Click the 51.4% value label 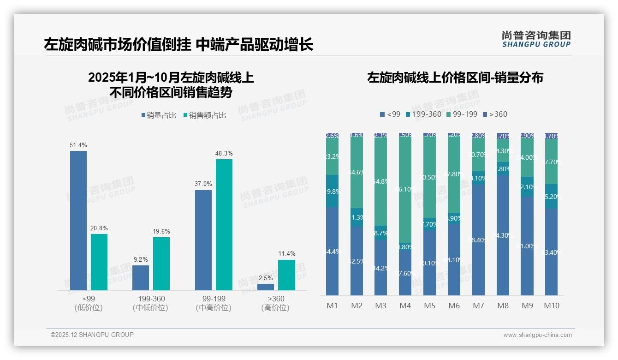tap(78, 145)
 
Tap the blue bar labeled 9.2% tap(141, 278)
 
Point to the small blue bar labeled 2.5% tap(266, 287)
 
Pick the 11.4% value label tap(287, 254)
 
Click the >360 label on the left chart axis tap(276, 299)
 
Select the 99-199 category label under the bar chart tap(214, 299)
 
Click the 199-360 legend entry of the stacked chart tap(423, 114)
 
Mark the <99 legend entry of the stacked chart tap(390, 114)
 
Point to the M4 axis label tap(405, 306)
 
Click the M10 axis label tap(552, 306)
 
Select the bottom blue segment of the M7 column tap(478, 240)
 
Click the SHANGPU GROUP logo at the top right tap(536, 39)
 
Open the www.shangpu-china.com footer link tap(537, 335)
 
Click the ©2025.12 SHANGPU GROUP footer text tap(92, 335)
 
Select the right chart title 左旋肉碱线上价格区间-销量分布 tap(455, 78)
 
